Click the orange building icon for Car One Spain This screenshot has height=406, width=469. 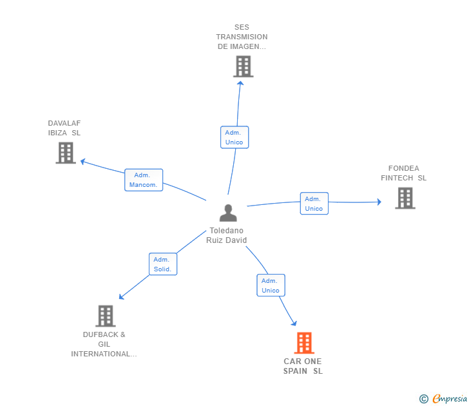[x=304, y=343]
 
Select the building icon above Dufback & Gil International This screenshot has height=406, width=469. [x=106, y=316]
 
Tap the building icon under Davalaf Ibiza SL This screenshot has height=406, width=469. [x=66, y=153]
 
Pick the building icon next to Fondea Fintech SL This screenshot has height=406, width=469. [x=405, y=198]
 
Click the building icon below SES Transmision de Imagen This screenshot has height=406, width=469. [x=243, y=66]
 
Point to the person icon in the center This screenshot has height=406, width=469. [x=227, y=213]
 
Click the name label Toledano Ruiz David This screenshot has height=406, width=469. [x=227, y=235]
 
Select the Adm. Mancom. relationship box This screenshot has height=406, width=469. [x=143, y=180]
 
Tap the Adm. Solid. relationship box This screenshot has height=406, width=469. [x=162, y=264]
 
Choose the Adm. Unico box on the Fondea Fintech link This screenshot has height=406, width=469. [x=314, y=204]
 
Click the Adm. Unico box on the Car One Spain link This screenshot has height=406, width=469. [x=271, y=285]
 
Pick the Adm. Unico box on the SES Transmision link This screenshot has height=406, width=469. [x=234, y=137]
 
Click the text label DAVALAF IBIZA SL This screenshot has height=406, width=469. [x=64, y=128]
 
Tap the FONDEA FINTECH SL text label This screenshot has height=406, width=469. [x=403, y=173]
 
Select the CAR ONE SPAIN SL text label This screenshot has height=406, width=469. [x=303, y=366]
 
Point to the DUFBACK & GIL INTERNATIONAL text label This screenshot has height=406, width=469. [x=104, y=344]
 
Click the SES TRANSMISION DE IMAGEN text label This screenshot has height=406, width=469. [x=242, y=37]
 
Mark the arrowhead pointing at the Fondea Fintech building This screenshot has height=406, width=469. [x=378, y=202]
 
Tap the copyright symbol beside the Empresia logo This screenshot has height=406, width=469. [x=424, y=399]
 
